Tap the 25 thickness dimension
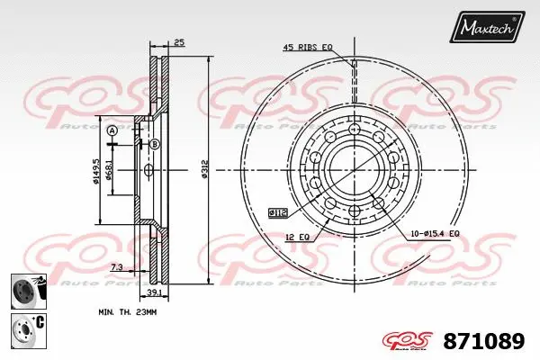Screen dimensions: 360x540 click(x=179, y=42)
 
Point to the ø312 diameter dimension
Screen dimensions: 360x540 click(x=205, y=167)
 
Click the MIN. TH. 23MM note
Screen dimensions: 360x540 click(x=127, y=311)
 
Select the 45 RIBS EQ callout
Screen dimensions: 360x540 click(x=309, y=47)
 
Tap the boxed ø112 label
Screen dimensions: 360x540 click(x=278, y=212)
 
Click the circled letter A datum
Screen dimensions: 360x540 click(x=112, y=130)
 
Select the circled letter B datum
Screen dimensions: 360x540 click(x=155, y=144)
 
